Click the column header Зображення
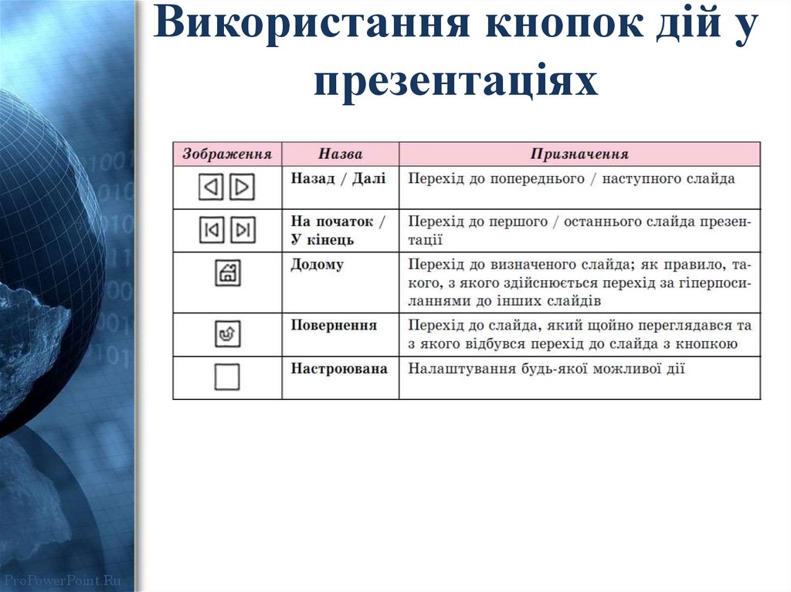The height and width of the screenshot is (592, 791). coord(227,154)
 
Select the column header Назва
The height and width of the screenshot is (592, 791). coord(340,154)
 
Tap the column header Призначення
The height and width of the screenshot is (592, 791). coord(579,154)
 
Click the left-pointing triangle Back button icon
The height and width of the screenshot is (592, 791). coord(211,187)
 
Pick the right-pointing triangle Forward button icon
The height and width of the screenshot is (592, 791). coord(242,187)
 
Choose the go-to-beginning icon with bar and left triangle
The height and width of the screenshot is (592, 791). coord(211,230)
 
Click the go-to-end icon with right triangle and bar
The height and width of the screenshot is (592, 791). coord(243,230)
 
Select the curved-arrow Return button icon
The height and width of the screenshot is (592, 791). coord(227,333)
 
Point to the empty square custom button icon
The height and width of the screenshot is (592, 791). coord(227,377)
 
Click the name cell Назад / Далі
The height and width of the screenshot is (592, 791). coord(338,178)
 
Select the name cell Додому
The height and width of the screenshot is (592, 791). coord(317,265)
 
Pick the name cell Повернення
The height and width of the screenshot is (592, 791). coord(334,325)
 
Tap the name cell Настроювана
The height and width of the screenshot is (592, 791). coord(338,368)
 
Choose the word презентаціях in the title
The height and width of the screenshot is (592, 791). coord(456,80)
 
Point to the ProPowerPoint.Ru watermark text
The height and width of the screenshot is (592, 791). coord(62,579)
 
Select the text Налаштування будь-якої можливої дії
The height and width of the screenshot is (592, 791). coord(546,368)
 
